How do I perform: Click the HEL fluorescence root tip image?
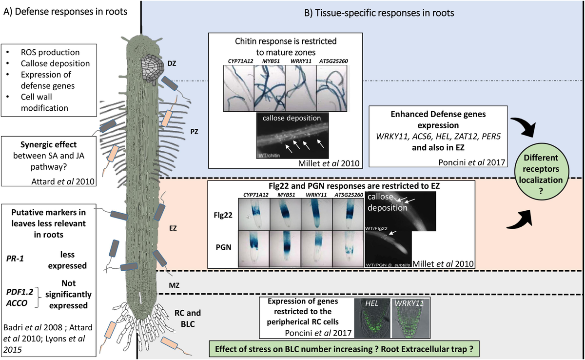point(371,318)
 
